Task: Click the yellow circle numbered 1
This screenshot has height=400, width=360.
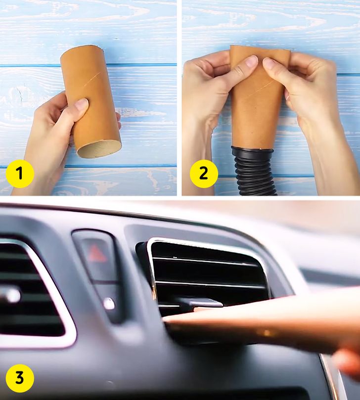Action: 20,174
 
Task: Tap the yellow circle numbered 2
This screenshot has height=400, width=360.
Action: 204,174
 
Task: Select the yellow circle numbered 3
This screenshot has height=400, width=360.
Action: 20,378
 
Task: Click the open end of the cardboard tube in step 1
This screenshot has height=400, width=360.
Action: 99,149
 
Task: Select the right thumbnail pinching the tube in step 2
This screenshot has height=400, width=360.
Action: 270,62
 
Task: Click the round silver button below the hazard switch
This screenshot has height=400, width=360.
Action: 109,304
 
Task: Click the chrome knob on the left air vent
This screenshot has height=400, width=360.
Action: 11,295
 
